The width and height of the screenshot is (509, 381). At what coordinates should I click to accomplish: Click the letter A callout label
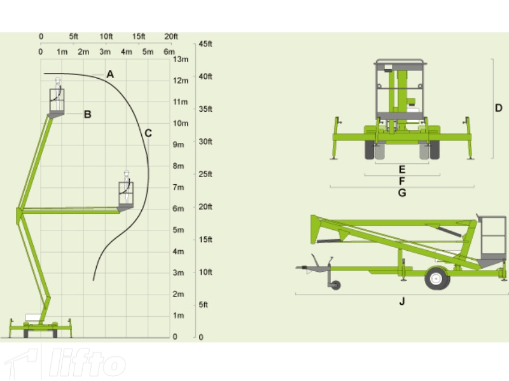pos(110,74)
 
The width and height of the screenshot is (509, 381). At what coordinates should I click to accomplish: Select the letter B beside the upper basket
pos(87,114)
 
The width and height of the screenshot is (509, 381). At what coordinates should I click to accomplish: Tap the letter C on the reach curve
pos(148,133)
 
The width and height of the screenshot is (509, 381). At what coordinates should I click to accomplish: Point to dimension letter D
pos(499,108)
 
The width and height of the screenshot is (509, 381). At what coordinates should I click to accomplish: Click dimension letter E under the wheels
pos(402,170)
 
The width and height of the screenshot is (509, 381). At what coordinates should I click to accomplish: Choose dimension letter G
pos(402,193)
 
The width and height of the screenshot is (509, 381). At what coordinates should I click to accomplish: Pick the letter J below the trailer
pos(402,301)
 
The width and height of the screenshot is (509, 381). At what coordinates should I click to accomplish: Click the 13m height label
pos(181,59)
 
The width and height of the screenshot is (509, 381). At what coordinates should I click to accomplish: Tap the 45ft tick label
pos(205,44)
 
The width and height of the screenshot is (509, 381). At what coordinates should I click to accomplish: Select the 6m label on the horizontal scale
pos(169,52)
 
